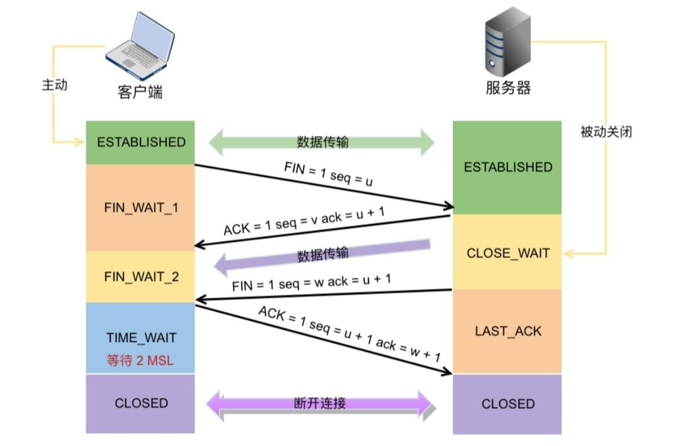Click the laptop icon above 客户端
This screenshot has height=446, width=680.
tap(140, 46)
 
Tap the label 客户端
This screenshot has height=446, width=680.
tap(140, 92)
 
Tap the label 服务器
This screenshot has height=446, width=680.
tap(508, 88)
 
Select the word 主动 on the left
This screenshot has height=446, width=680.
tap(55, 84)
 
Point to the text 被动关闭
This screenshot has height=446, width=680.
tap(606, 132)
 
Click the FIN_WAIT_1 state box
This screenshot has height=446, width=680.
tap(140, 208)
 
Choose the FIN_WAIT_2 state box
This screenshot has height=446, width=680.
tap(140, 277)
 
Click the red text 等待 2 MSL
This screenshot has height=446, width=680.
tap(140, 360)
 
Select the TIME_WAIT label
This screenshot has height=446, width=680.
tap(142, 338)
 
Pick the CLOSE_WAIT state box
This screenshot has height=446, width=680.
tap(507, 252)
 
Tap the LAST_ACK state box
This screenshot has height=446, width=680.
tap(507, 331)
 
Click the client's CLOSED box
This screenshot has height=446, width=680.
tap(140, 404)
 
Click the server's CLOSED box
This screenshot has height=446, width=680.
tap(507, 404)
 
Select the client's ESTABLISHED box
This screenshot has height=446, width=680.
tap(140, 142)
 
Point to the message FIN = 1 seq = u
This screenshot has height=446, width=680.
tap(328, 173)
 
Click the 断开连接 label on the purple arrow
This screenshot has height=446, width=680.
tap(320, 403)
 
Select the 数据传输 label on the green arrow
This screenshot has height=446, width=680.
tap(322, 142)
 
